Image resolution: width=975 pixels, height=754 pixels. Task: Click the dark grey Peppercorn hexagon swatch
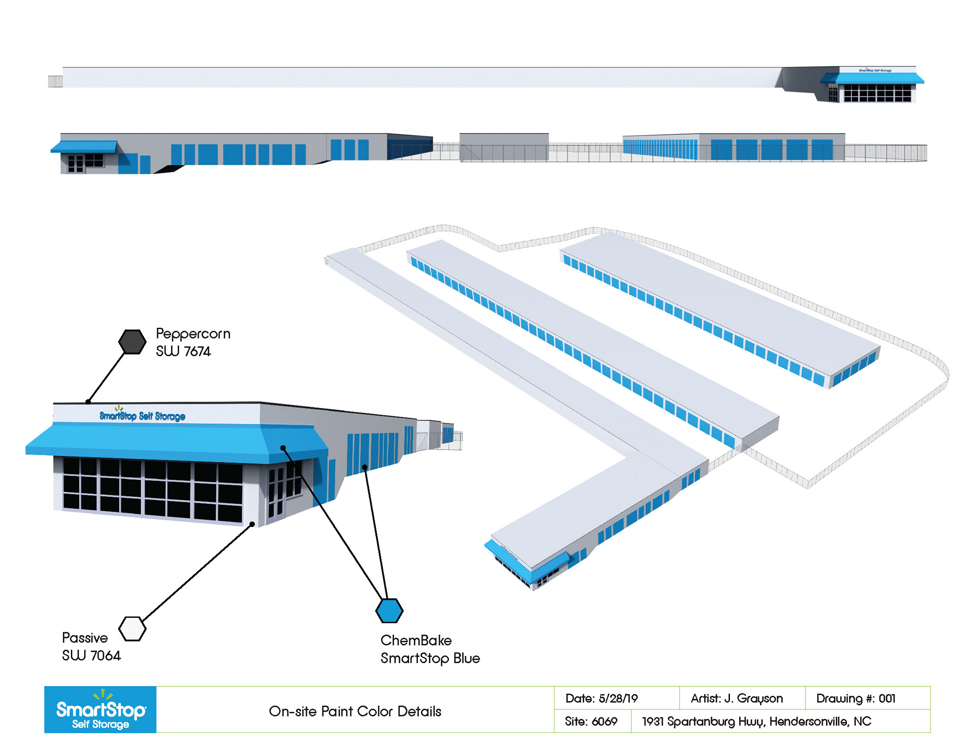point(132,342)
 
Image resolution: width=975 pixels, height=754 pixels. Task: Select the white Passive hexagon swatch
point(132,629)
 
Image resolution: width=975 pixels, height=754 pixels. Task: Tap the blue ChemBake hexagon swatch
point(389,611)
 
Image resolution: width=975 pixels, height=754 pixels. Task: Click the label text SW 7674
point(183,352)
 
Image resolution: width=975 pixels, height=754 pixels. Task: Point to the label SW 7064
point(91,655)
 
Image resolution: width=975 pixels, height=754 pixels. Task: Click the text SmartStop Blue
point(430,658)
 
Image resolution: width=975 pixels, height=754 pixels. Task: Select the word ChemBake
point(416,640)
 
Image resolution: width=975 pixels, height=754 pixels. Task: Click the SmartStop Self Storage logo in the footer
point(101,710)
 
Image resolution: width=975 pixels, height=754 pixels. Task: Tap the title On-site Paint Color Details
point(355,711)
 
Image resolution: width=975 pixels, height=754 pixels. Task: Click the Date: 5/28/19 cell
point(602,699)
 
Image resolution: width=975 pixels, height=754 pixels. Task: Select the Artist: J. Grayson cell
point(736,699)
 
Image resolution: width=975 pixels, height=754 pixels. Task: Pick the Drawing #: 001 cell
point(856,699)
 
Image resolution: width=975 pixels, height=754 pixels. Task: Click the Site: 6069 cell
point(591,721)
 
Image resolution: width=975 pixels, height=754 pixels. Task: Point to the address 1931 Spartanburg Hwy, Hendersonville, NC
point(756,721)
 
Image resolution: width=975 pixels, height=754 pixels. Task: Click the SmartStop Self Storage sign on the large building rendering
point(142,416)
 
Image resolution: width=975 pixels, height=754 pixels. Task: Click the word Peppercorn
point(193,334)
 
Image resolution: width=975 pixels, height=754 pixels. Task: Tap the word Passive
point(85,638)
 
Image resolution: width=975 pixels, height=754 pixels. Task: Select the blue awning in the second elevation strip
point(84,147)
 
